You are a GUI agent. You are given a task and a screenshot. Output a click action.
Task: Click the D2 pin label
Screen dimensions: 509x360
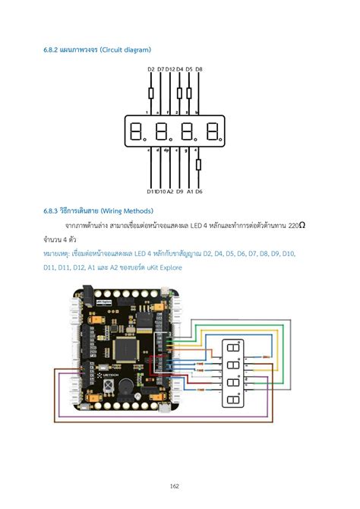tap(151, 69)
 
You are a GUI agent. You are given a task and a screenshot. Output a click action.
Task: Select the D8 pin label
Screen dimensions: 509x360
tap(199, 69)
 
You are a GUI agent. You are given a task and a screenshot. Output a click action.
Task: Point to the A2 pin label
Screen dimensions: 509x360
tap(170, 191)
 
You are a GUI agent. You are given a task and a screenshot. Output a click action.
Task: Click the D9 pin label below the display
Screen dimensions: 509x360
tap(180, 191)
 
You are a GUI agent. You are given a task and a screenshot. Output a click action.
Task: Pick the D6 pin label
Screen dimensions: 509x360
tap(198, 191)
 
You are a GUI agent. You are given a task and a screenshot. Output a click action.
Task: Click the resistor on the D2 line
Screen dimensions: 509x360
tap(151, 93)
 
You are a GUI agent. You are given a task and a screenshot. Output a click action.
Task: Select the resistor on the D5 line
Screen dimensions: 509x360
tap(189, 93)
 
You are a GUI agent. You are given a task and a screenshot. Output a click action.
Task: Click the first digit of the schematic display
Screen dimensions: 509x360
tap(137, 132)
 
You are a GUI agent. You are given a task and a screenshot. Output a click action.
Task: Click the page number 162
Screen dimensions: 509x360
tap(180, 485)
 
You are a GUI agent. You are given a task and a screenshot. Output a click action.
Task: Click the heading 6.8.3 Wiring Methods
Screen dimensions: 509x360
tap(99, 210)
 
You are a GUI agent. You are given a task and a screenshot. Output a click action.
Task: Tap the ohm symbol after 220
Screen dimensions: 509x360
tap(302, 226)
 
